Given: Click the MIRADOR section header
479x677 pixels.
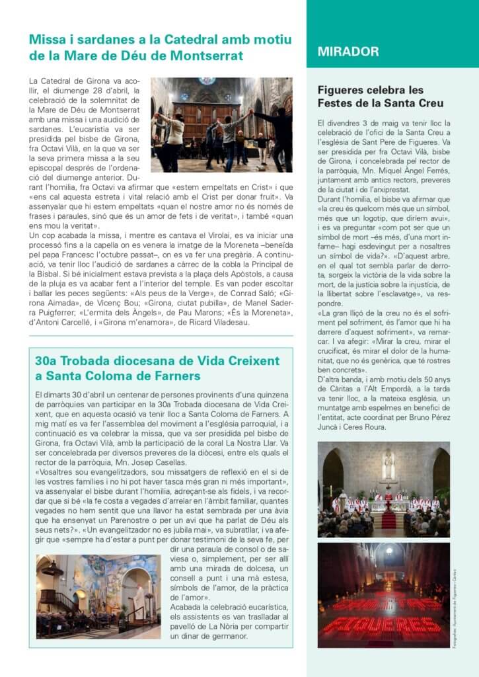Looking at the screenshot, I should pos(348,52).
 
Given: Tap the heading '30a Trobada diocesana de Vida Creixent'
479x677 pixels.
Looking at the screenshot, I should pos(157,361).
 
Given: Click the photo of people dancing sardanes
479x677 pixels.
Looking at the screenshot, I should pos(221,125).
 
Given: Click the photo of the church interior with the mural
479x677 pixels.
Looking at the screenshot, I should pos(98,596).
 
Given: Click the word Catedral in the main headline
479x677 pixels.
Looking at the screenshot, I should pos(161,40).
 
